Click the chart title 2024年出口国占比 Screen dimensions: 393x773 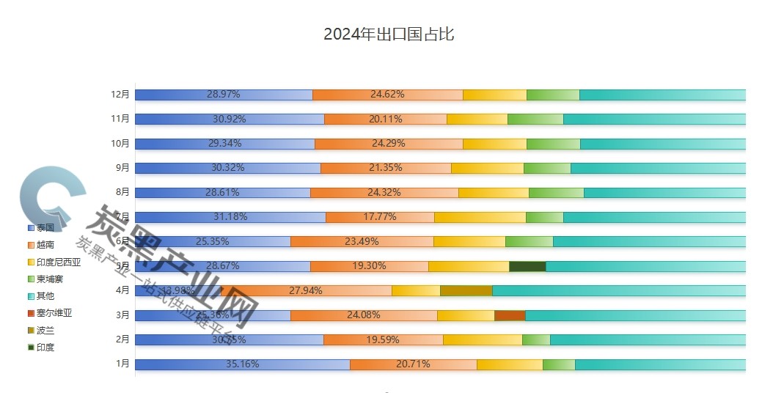pyautogui.click(x=389, y=34)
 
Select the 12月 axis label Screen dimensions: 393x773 pyautogui.click(x=120, y=95)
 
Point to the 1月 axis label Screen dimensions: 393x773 pyautogui.click(x=123, y=364)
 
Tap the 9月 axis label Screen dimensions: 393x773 pyautogui.click(x=123, y=168)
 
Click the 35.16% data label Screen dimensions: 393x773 pyautogui.click(x=242, y=364)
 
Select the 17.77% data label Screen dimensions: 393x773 pyautogui.click(x=379, y=217)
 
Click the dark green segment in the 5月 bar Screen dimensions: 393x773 pyautogui.click(x=527, y=266)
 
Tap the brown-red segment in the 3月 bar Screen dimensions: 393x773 pyautogui.click(x=510, y=315)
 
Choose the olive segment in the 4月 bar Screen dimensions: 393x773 pyautogui.click(x=466, y=291)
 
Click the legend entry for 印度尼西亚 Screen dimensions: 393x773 pyautogui.click(x=58, y=262)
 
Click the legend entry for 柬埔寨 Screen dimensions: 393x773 pyautogui.click(x=49, y=279)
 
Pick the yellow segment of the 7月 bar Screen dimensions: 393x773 pyautogui.click(x=480, y=217)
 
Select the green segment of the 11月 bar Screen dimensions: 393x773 pyautogui.click(x=535, y=119)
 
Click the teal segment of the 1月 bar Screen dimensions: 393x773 pyautogui.click(x=660, y=364)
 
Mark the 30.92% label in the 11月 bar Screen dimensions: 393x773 pyautogui.click(x=229, y=119)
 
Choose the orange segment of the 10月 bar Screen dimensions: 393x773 pyautogui.click(x=389, y=144)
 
